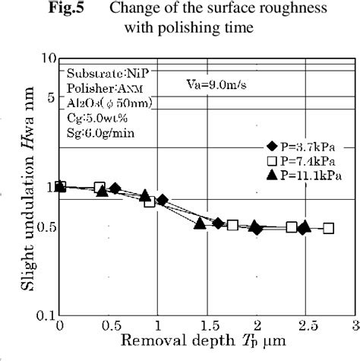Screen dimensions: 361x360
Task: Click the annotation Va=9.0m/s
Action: (x=216, y=85)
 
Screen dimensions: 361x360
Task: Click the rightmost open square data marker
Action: (x=328, y=228)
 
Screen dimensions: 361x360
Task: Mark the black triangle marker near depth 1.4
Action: (x=200, y=223)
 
